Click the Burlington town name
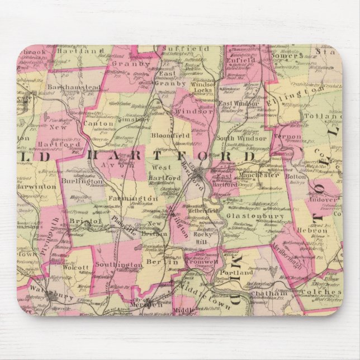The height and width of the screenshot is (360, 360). (84, 182)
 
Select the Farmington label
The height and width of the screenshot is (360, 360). (133, 198)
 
